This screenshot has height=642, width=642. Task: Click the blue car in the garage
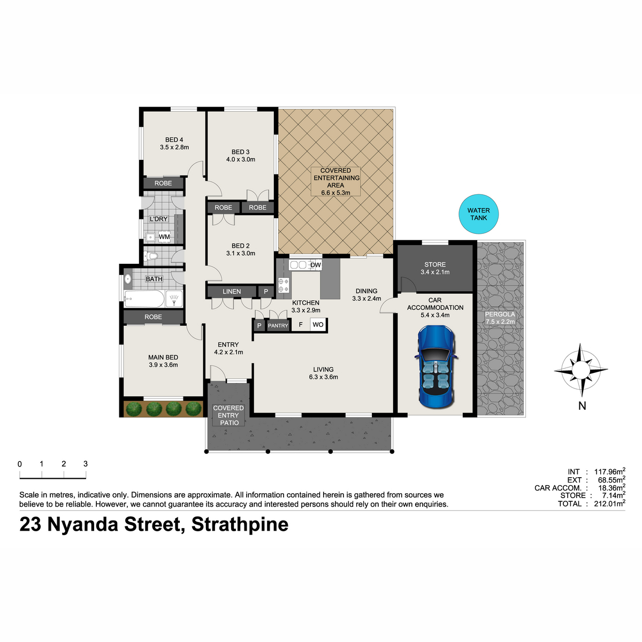pos(436,366)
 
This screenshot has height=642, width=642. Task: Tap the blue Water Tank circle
pos(478,214)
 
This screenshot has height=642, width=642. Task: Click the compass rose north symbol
pos(581,370)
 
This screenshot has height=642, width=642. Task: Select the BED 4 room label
pos(174,143)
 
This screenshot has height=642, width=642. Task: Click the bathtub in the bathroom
pos(144,299)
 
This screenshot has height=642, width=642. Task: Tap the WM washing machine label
pos(164,236)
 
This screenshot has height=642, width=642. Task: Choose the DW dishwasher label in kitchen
pos(315,265)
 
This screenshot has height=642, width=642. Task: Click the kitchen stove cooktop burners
pos(284,286)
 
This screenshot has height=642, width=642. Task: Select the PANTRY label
pos(278,325)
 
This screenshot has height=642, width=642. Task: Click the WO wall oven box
pos(318,325)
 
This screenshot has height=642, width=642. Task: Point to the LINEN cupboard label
pos(232,292)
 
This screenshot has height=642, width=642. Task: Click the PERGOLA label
pos(500,314)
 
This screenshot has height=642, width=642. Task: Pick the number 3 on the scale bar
pos(86,463)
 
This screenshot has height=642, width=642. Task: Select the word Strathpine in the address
pos(240,524)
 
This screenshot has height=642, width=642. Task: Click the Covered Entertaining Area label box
pos(336,181)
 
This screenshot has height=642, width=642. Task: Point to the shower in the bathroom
pos(174,299)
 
